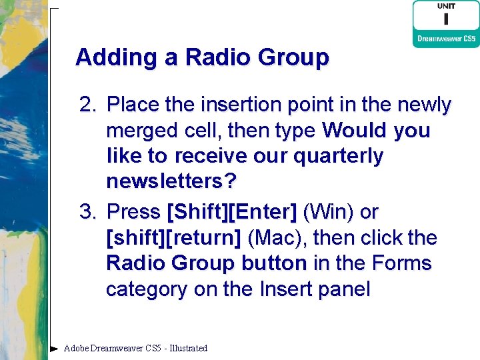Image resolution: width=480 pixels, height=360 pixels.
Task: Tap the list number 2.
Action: [x=87, y=105]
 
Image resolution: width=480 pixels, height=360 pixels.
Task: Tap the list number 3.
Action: [x=87, y=213]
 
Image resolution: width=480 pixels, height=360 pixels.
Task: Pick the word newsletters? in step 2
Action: [x=172, y=182]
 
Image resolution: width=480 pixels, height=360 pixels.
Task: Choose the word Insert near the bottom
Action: [x=282, y=290]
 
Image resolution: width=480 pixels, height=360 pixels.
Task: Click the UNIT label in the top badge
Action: [x=446, y=6]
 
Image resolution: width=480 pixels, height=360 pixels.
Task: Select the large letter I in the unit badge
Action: [x=445, y=19]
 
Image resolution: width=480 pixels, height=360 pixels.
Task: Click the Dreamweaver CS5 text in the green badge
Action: [x=447, y=39]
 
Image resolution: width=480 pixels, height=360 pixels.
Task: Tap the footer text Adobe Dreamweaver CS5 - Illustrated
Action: [x=135, y=348]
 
